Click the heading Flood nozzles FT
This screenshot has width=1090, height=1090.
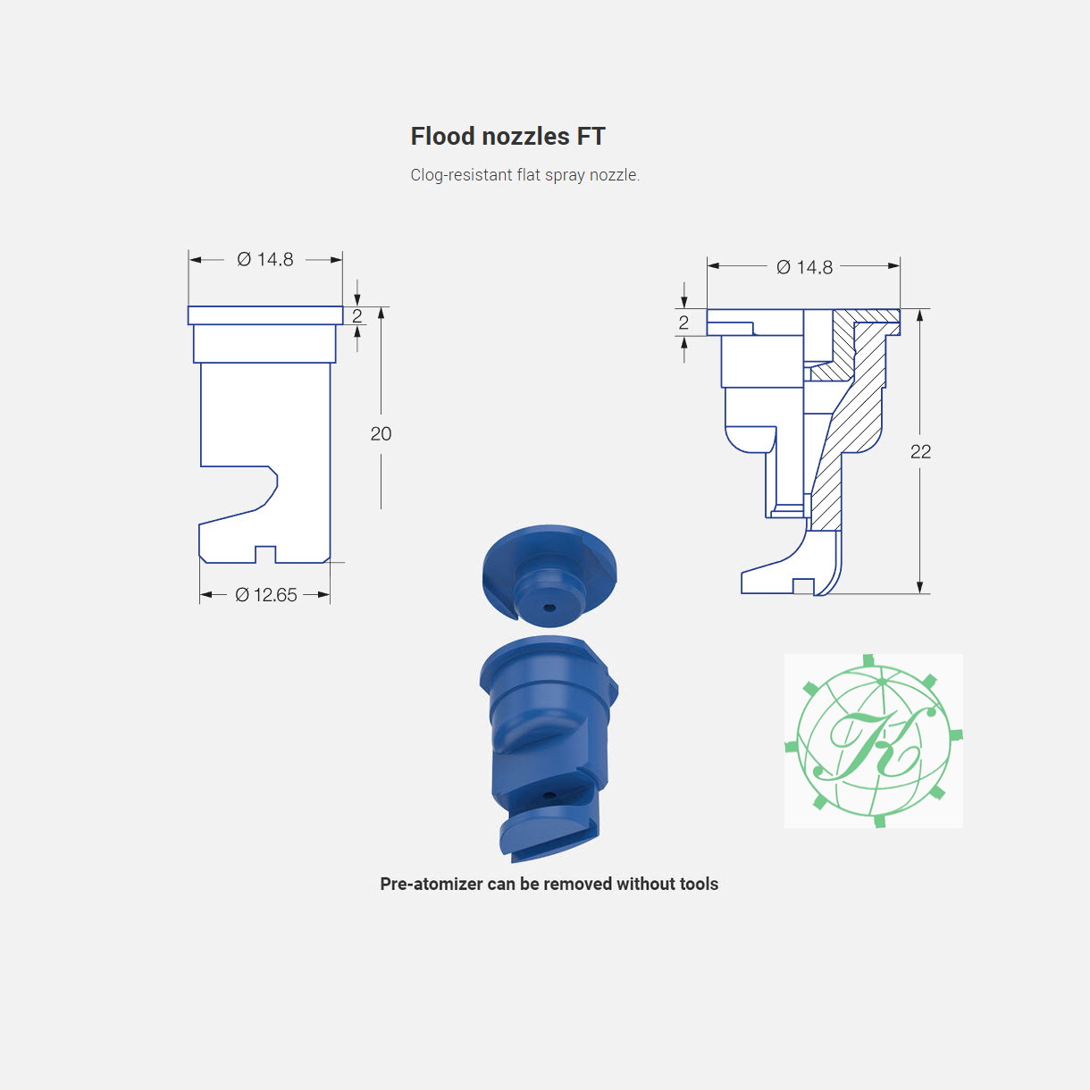(507, 137)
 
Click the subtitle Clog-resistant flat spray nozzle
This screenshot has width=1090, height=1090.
(525, 175)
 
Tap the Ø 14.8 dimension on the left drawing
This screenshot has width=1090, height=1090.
(265, 260)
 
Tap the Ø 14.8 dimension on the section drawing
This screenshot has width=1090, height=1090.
(804, 267)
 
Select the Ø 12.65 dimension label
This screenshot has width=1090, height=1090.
(266, 595)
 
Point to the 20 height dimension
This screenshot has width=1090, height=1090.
(381, 434)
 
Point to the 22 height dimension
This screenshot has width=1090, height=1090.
(920, 452)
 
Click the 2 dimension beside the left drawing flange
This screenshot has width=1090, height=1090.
(356, 315)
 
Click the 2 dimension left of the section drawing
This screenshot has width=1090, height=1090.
(683, 323)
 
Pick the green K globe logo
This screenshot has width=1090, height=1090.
(874, 741)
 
